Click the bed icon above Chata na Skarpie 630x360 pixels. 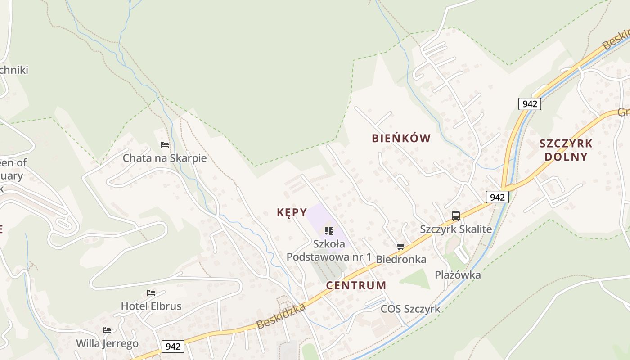coord(165,145)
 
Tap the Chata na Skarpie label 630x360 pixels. coord(165,158)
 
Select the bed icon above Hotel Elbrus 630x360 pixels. coord(151,293)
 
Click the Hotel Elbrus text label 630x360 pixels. coord(151,306)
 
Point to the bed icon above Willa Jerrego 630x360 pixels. coord(107,330)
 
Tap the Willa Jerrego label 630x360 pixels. coord(107,343)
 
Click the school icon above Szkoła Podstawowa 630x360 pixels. coord(329,231)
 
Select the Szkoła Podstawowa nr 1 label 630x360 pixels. coord(329,251)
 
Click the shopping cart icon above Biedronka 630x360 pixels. coord(401,246)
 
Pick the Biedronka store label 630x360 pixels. coord(401,259)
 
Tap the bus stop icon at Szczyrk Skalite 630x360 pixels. coord(456,216)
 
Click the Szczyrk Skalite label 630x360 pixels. coord(456,229)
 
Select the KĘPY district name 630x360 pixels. coord(292,212)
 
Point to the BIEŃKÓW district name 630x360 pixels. coord(401,138)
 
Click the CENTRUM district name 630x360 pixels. coord(356,285)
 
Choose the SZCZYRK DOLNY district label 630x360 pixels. coord(566,150)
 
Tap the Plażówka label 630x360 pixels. coord(458,274)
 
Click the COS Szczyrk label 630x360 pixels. coord(410,309)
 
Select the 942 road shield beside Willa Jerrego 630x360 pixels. coord(173,346)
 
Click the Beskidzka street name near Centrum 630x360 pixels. coord(281,316)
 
